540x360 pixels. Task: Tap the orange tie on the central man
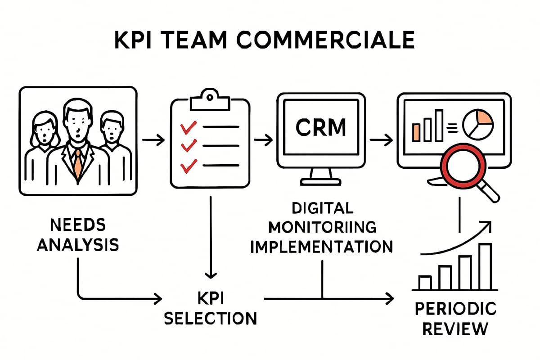[78, 164]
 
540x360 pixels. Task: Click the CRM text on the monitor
[320, 127]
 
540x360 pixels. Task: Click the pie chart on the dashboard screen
[478, 124]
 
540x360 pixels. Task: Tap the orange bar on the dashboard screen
[416, 131]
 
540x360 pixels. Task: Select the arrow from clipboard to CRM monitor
[263, 140]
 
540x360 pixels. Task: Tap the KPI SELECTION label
[210, 308]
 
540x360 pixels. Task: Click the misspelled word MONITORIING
[321, 227]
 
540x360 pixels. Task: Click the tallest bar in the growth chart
[485, 266]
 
